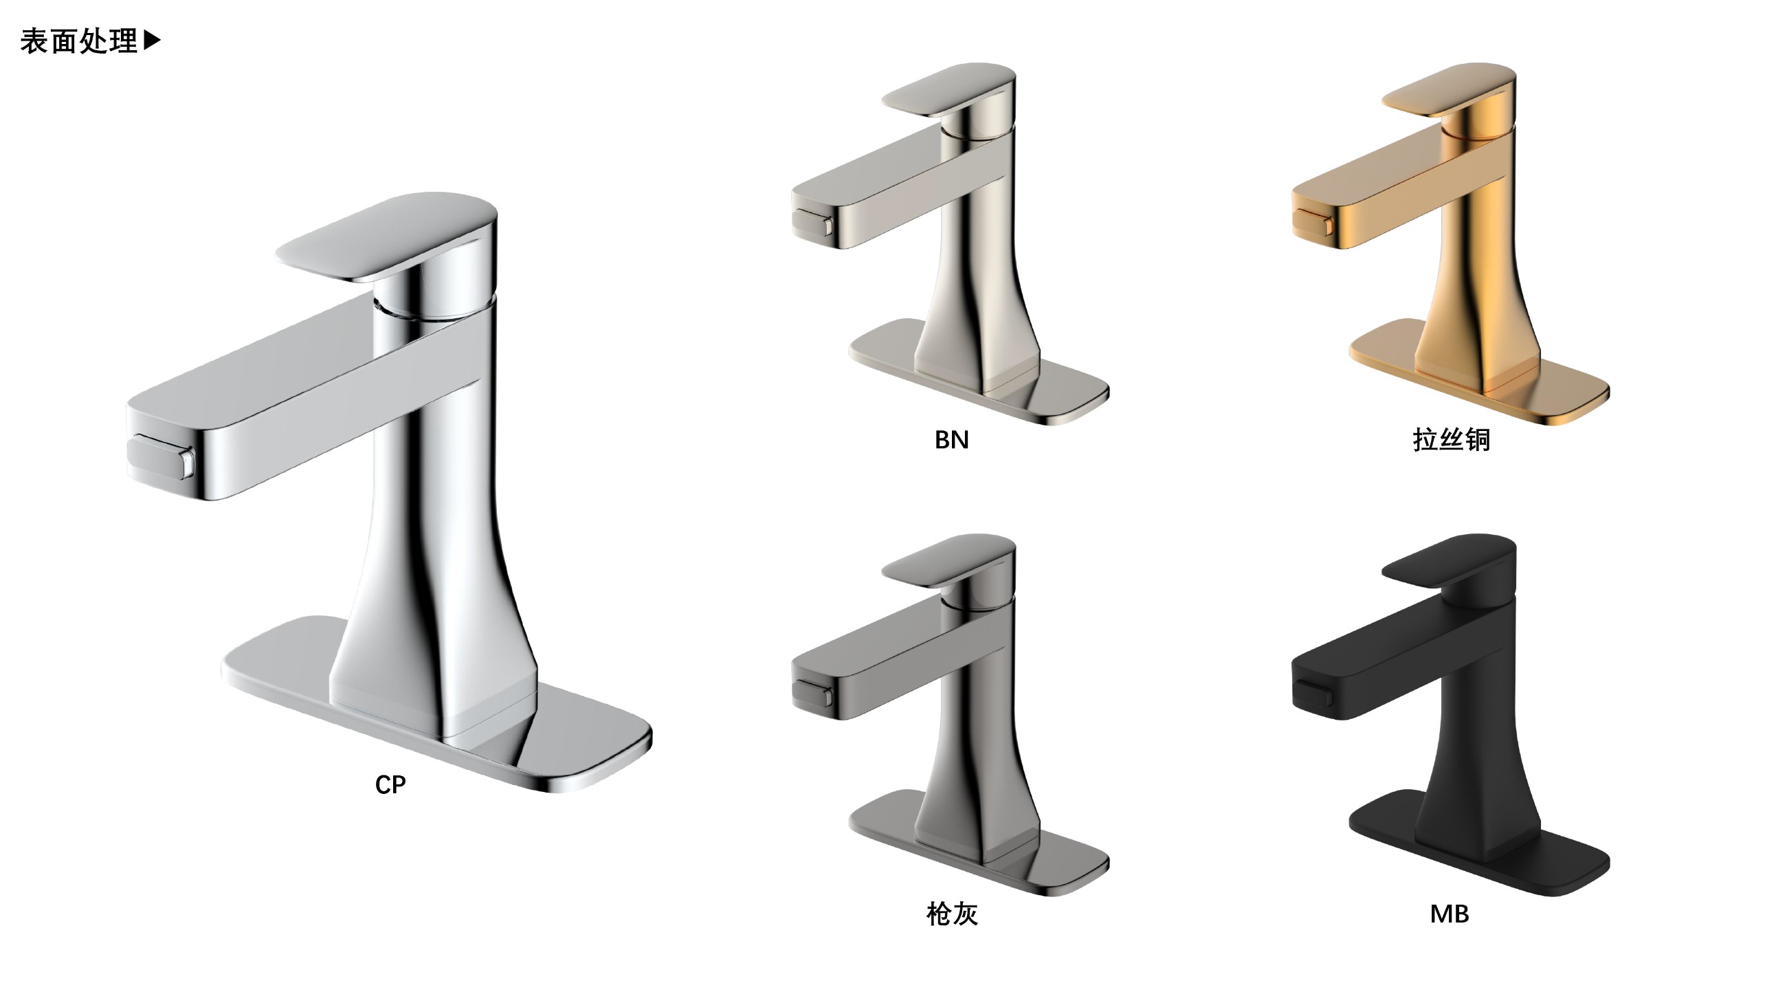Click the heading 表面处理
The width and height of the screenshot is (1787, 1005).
[x=79, y=41]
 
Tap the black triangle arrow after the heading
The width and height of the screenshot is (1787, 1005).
[x=152, y=41]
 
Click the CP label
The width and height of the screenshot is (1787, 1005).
[x=390, y=784]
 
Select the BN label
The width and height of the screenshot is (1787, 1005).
[x=951, y=440]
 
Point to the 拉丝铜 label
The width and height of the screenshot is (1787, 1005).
[x=1451, y=440]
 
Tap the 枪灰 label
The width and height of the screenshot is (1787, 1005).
[x=952, y=914]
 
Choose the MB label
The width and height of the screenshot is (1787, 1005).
[x=1449, y=914]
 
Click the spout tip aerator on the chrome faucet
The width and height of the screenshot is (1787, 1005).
[x=161, y=457]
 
